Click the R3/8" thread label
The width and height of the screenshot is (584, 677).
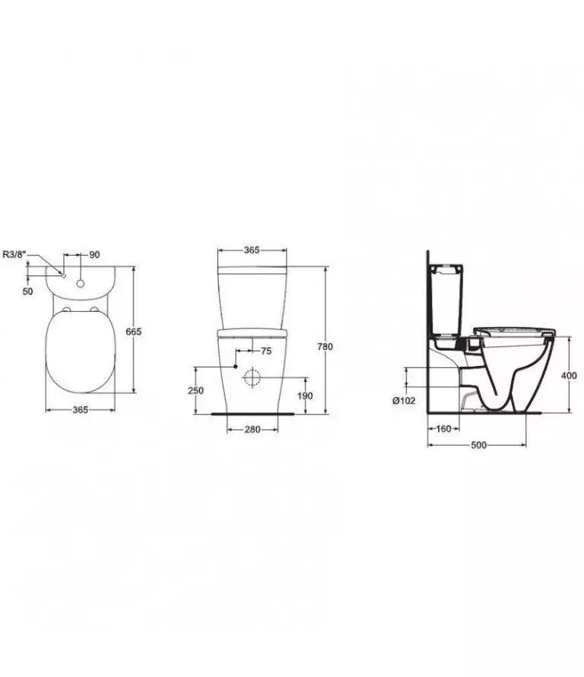tap(14, 254)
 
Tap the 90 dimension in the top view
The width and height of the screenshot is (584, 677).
tap(94, 255)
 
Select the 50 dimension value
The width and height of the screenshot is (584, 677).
tap(27, 291)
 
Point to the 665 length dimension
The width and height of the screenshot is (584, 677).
tap(133, 332)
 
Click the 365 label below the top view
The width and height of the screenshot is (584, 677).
tap(81, 410)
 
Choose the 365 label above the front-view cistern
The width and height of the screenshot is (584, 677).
tap(252, 250)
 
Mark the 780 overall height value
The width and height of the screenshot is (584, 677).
tap(325, 346)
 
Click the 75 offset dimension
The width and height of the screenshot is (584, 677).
tap(266, 351)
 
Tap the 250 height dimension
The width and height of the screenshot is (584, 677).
tap(195, 390)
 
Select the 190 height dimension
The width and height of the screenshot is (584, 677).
tap(305, 396)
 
